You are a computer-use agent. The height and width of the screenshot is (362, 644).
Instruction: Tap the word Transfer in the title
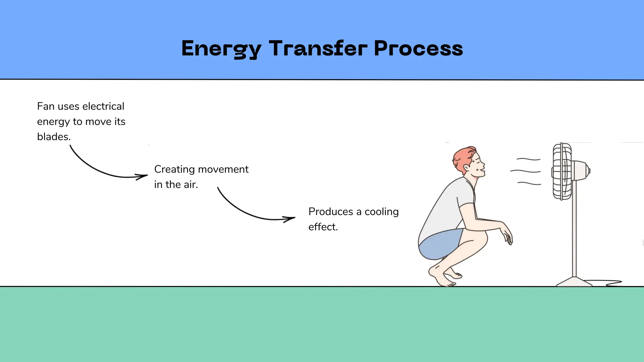318,49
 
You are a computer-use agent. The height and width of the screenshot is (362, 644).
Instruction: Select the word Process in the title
418,49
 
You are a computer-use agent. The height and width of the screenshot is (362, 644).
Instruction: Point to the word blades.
53,137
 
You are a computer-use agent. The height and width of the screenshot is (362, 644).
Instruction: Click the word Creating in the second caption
174,169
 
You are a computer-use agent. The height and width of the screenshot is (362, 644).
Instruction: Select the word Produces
330,211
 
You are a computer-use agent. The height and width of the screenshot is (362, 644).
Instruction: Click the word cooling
381,212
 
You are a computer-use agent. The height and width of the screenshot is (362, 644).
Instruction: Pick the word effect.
323,227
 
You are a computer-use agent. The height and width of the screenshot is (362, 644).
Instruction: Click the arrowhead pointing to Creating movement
143,176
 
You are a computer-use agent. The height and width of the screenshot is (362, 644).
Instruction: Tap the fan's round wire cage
562,171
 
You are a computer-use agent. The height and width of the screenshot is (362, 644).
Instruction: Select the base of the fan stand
574,282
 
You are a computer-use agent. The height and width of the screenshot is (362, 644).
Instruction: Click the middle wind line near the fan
525,171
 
